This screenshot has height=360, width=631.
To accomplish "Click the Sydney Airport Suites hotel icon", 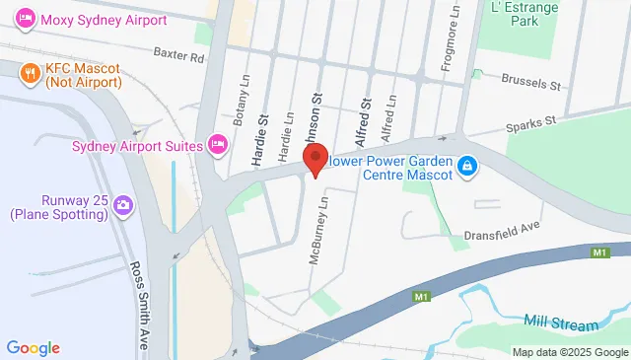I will [x=219, y=146].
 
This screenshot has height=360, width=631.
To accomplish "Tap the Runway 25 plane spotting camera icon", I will [x=123, y=204].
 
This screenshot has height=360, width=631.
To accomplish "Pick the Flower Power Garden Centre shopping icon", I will [x=470, y=169].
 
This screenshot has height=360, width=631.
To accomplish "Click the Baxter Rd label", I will [x=177, y=57].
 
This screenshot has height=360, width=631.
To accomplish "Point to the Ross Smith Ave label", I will [x=141, y=297].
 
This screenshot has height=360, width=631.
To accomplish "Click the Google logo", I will [x=34, y=347].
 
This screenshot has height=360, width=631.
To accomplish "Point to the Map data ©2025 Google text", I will [x=569, y=352].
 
